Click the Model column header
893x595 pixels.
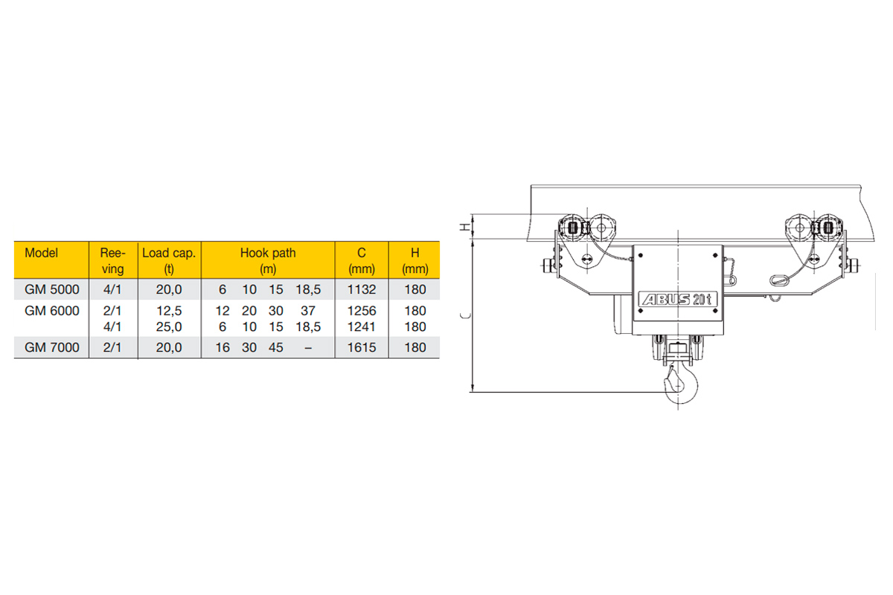coord(41,253)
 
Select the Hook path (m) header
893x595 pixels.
coord(268,260)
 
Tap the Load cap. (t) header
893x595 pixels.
coord(169,260)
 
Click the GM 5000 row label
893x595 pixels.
coord(52,289)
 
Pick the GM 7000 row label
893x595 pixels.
coord(52,347)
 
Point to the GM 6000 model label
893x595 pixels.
coord(52,311)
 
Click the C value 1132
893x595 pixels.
coord(362,289)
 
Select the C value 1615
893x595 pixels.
coord(362,347)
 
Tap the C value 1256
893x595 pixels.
coord(362,311)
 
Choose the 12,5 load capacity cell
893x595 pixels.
coord(169,311)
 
